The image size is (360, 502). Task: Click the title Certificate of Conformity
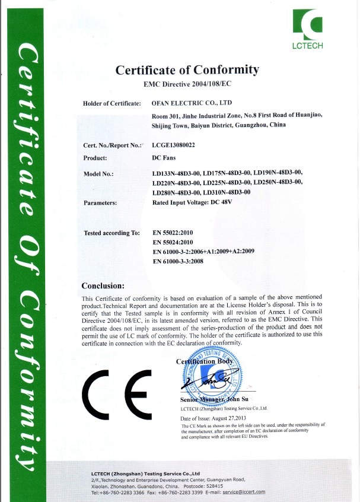coord(187,70)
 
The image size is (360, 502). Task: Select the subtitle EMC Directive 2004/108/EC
coord(187,84)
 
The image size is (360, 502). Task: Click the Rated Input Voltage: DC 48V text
coord(192,203)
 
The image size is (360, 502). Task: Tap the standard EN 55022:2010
coord(174,233)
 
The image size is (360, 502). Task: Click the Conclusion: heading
coord(103,285)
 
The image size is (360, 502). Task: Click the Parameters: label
coord(100,203)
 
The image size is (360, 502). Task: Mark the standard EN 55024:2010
coord(174,242)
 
